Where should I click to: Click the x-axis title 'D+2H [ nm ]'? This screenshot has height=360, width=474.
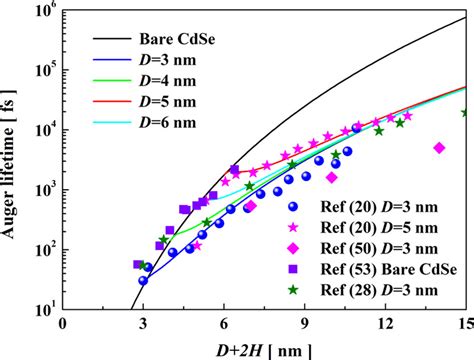click(264, 346)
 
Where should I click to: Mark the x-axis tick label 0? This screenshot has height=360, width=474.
click(63, 323)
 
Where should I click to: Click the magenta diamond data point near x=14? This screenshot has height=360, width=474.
click(438, 148)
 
